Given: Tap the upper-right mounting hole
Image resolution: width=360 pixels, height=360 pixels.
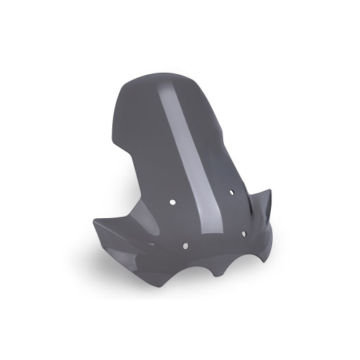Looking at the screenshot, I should pos(232,192).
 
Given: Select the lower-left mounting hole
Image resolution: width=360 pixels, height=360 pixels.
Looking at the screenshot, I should pos(186,246).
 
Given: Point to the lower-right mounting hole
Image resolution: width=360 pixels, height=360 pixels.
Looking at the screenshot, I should pos(244,234).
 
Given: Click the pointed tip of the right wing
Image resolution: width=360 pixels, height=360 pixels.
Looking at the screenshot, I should pos(271,192).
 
